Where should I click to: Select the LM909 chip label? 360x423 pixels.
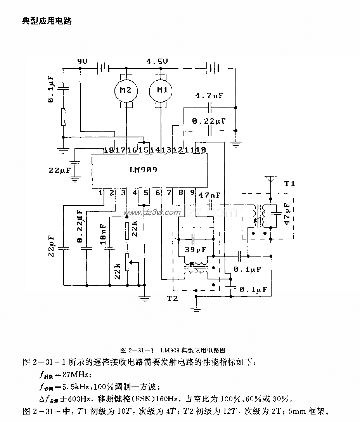(x=143, y=170)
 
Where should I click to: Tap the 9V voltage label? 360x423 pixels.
(x=83, y=62)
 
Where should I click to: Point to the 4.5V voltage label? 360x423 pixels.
(x=157, y=62)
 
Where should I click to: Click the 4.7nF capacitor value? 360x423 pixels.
(x=209, y=95)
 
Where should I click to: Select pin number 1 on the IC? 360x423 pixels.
(x=100, y=192)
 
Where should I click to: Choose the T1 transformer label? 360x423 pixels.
(x=289, y=183)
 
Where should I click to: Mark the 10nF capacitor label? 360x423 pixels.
(x=103, y=234)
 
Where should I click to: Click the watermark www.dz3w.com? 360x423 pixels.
(x=151, y=212)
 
